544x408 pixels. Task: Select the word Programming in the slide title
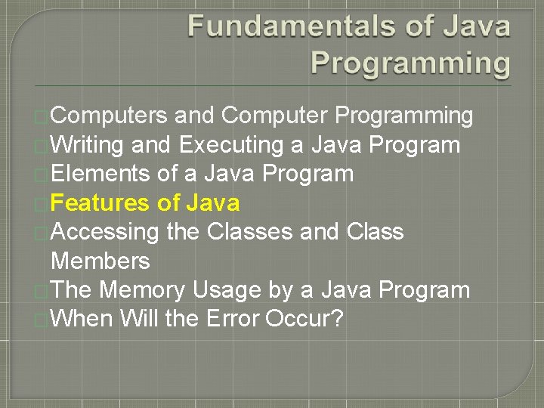(x=410, y=63)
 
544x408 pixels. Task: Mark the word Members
(x=100, y=261)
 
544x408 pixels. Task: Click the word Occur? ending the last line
(x=304, y=319)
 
